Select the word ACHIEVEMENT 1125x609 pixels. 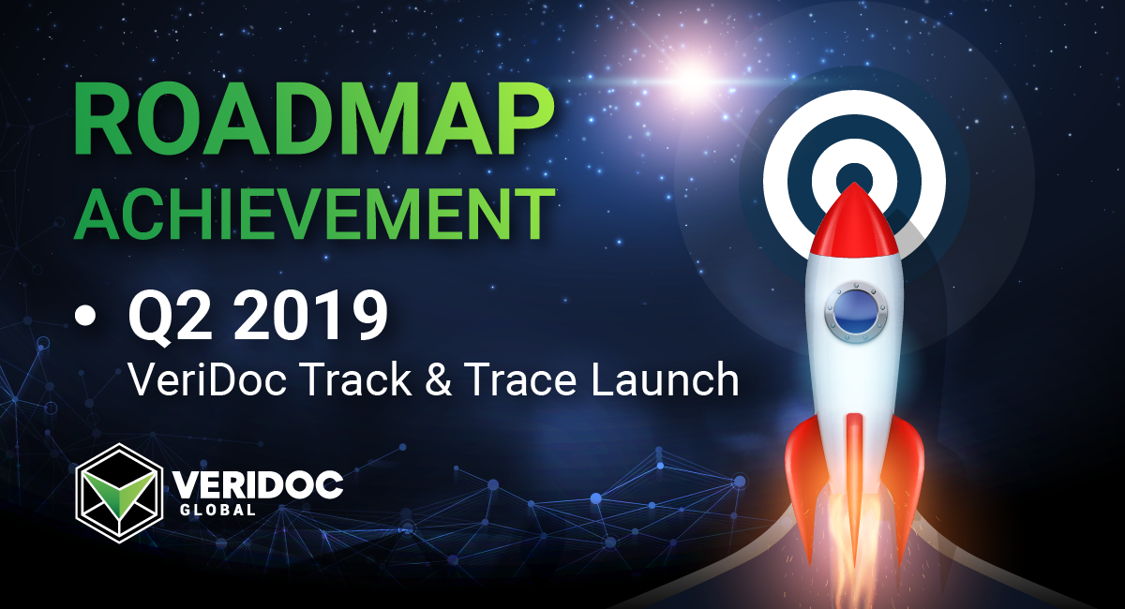[314, 215]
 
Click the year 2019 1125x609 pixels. [310, 317]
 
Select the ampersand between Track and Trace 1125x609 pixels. [439, 379]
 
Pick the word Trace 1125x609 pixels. [519, 379]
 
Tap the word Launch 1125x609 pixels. [664, 379]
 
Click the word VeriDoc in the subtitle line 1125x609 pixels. [207, 379]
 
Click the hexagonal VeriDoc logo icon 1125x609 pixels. [119, 493]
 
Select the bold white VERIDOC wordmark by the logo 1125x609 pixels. [258, 484]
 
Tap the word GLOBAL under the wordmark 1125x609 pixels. [217, 510]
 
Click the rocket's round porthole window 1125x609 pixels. [855, 312]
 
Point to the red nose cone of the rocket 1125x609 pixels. [853, 220]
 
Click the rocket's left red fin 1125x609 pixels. [806, 482]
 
